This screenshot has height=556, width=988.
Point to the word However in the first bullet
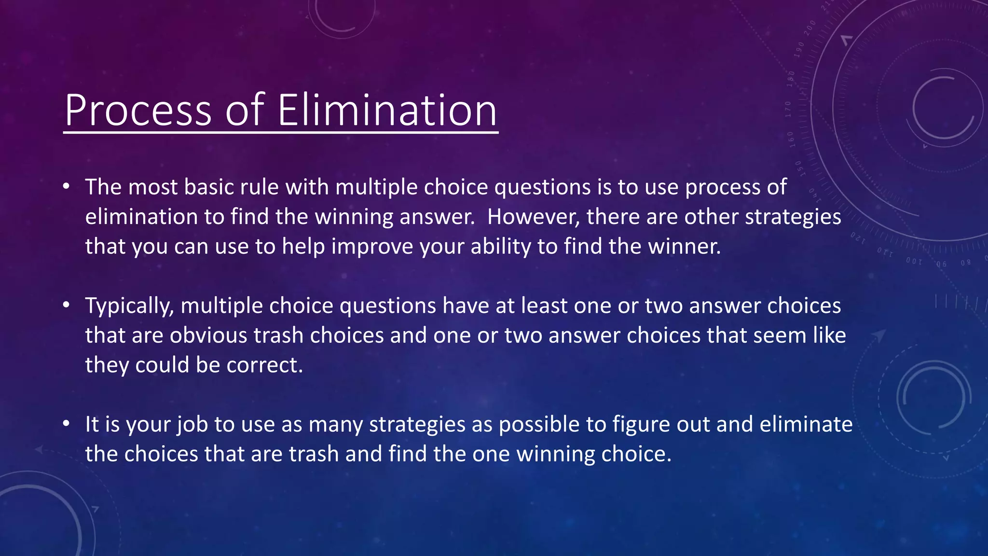pyautogui.click(x=533, y=217)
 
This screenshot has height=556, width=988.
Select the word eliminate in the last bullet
pyautogui.click(x=806, y=425)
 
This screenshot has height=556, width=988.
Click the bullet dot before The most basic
pyautogui.click(x=67, y=186)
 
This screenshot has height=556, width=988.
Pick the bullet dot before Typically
pyautogui.click(x=67, y=305)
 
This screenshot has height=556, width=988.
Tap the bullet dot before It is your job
pyautogui.click(x=67, y=424)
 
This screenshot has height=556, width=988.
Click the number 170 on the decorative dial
pyautogui.click(x=788, y=109)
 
